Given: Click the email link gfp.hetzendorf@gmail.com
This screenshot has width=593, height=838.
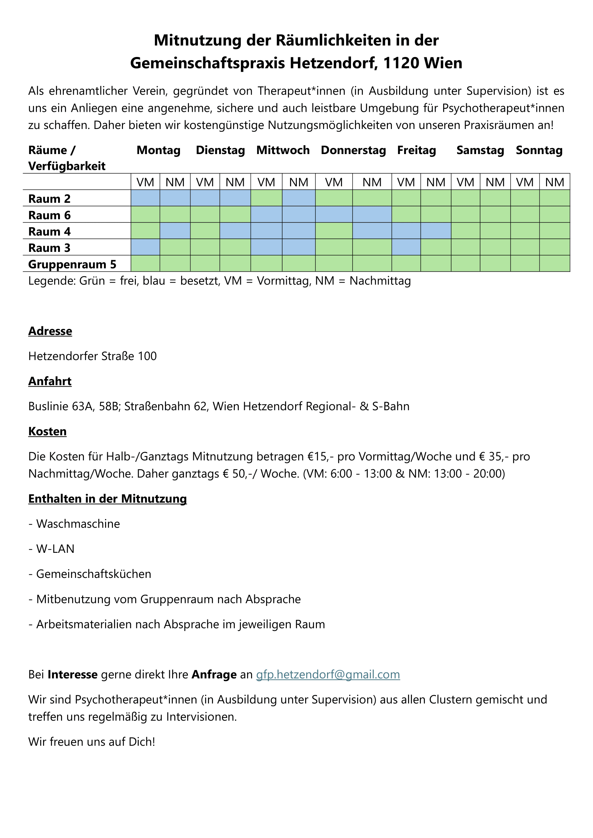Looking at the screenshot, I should coord(328,674).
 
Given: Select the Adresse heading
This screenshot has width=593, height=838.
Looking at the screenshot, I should coord(50,331).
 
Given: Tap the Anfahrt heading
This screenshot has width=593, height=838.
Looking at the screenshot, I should coord(50,381).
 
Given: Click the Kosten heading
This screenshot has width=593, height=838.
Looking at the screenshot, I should coord(47,431).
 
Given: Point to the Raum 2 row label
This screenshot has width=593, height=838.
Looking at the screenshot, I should coord(49,199).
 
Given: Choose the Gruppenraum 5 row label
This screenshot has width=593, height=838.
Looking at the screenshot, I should coord(72,264).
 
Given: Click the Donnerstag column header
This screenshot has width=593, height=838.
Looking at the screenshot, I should coord(353,150).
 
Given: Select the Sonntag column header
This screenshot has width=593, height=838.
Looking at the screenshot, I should coord(539,150).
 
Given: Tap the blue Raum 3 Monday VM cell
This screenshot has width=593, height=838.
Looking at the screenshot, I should coord(145,247).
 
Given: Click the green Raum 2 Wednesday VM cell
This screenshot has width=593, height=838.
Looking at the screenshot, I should coord(266,198).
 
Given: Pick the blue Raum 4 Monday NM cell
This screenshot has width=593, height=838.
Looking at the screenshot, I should coord(175,231).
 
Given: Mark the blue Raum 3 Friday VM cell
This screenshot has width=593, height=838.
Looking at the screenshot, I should coord(406,247).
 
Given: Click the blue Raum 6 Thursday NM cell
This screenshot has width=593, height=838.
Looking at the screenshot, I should coord(372,214).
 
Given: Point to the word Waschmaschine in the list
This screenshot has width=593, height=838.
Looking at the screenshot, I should coord(78,524).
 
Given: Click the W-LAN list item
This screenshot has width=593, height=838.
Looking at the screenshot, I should coord(55,549).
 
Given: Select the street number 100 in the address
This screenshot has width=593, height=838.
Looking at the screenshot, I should coord(147,356).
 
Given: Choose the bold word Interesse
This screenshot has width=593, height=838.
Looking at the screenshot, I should coord(72,675).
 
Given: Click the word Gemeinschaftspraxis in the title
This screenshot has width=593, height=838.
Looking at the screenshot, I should coord(208,63).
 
